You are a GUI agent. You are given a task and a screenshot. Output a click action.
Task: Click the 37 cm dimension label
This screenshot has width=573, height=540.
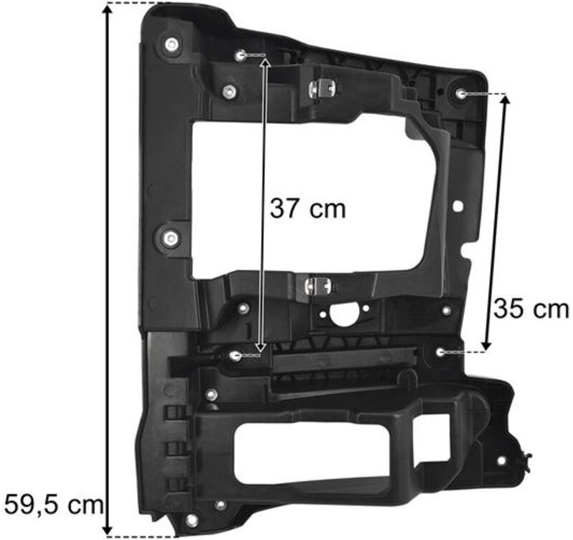click(308, 209)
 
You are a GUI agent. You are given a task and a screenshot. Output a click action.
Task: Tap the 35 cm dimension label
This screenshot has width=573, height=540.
click(531, 309)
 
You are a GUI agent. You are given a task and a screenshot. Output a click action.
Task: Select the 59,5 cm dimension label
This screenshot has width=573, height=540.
click(54, 504)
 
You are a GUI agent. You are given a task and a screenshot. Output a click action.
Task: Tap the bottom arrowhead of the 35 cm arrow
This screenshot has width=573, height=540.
click(486, 344)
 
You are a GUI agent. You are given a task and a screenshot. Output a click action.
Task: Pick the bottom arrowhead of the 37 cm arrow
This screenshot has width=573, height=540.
click(260, 346)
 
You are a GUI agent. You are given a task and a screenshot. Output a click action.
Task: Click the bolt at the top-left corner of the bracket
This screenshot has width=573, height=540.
click(171, 45)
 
